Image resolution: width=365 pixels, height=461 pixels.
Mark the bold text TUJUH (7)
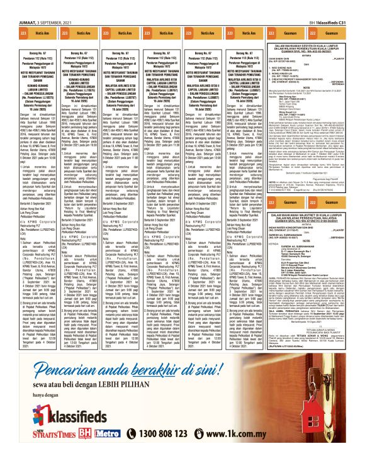click(x=307, y=314)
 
